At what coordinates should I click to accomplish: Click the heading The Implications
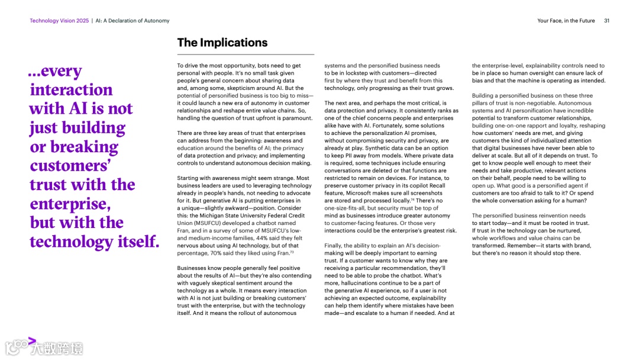[x=222, y=43]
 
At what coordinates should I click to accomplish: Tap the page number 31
[x=606, y=21]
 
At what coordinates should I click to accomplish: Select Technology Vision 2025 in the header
[x=59, y=21]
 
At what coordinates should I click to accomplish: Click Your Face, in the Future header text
[x=566, y=21]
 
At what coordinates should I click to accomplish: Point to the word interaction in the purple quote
[x=71, y=90]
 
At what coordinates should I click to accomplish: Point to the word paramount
[x=295, y=118]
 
